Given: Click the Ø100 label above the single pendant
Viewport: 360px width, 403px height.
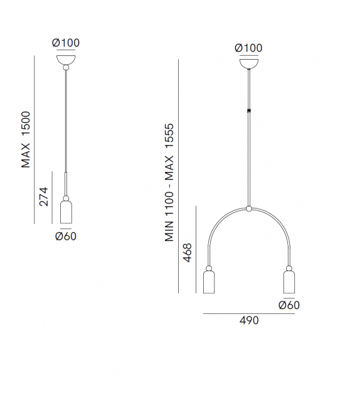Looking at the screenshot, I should pos(66,43).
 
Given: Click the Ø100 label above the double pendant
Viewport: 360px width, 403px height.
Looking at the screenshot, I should pos(248,48).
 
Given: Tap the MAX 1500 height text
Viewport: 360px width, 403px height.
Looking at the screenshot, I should pos(26,141).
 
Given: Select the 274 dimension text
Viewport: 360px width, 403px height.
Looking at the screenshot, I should pos(44,196).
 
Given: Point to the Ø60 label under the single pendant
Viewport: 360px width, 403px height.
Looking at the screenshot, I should pos(66,237).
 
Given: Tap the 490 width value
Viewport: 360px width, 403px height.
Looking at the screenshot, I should pos(249,320).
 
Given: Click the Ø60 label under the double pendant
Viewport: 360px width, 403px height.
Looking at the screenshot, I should pos(289,305).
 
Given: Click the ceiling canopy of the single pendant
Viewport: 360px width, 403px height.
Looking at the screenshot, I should pos(66,60).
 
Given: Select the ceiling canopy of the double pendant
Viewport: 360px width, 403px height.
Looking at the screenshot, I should pos(249,63).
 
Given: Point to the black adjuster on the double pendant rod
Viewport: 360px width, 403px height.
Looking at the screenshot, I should pos(249,111).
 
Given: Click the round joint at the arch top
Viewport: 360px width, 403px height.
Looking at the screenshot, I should pos(249,208).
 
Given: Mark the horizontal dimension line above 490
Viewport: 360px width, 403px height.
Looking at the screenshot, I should pos(249,313).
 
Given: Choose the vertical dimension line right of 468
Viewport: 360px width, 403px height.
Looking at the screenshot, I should pos(197,249).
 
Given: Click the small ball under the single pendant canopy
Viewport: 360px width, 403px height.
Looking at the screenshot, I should pos(66,68).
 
